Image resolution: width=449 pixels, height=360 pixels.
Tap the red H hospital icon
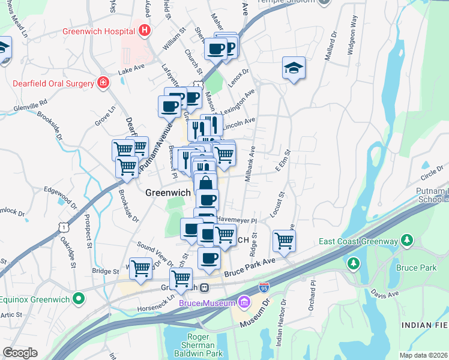click(143, 29)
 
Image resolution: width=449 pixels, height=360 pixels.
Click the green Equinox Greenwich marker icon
click(78, 298)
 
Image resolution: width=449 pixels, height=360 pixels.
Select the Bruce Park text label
click(416, 268)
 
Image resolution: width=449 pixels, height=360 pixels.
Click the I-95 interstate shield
click(263, 289)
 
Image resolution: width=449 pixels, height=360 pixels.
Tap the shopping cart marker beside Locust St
click(284, 241)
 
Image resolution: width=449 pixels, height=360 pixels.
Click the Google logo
click(20, 353)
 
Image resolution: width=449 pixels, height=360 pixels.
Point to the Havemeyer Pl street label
click(237, 220)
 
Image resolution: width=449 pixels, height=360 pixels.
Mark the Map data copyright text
click(423, 355)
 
